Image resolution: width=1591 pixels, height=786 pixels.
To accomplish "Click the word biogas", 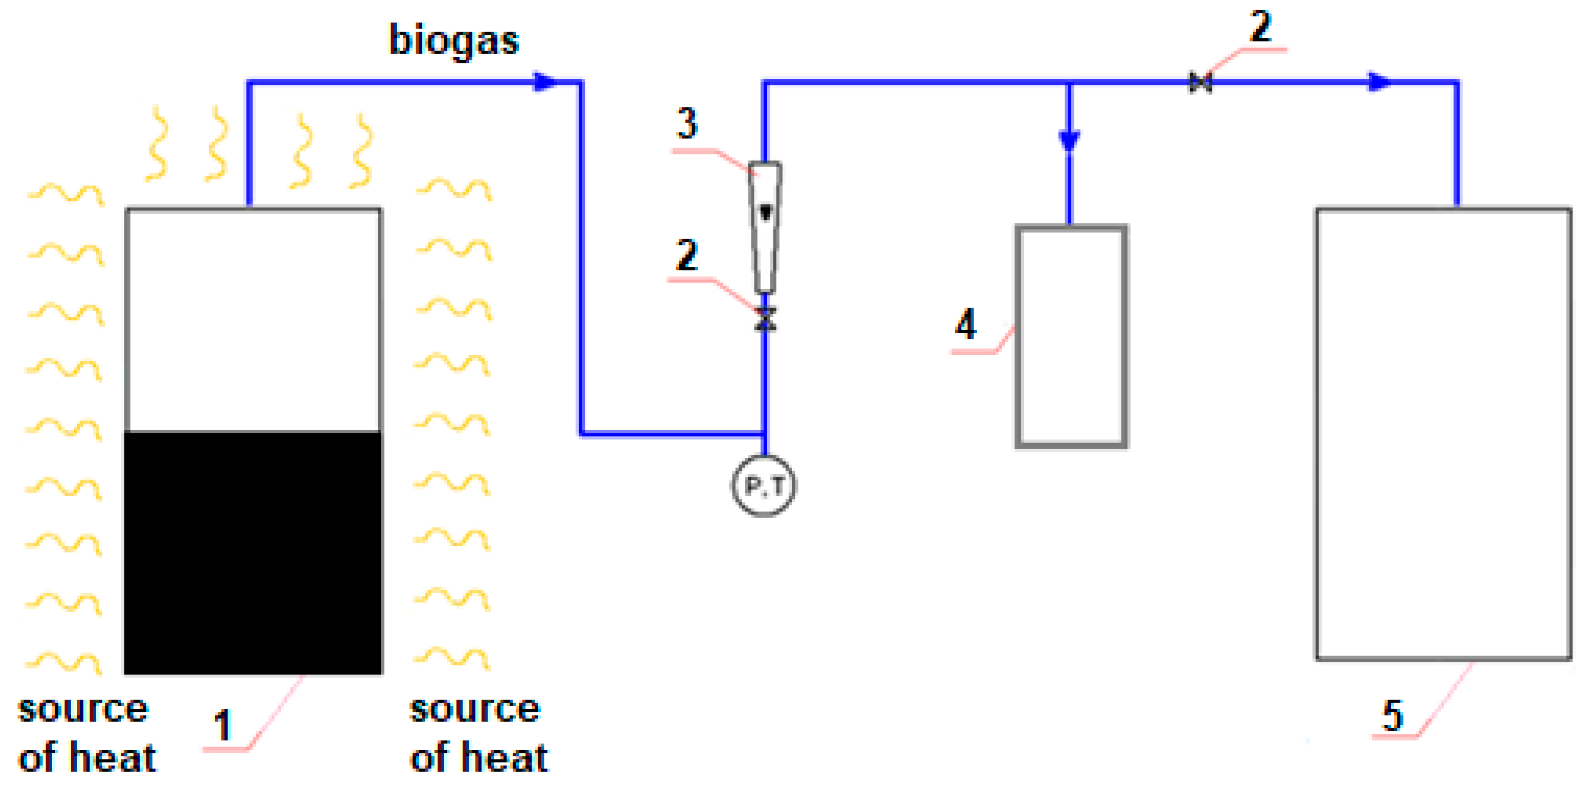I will tap(454, 41).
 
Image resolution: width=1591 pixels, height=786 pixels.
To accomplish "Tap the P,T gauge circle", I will tap(764, 486).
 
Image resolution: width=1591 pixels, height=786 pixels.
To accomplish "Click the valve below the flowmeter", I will tap(766, 319).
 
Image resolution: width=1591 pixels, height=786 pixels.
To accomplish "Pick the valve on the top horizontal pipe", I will tap(1201, 82).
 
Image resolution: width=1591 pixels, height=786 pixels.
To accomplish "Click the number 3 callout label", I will tap(687, 123).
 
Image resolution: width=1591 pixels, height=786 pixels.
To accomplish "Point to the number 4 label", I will tap(966, 324).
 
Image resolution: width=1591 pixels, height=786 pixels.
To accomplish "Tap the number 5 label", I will tap(1393, 716).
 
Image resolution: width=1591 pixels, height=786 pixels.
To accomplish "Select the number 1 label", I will tap(222, 725).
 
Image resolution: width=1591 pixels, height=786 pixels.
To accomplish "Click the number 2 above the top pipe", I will tap(1260, 27).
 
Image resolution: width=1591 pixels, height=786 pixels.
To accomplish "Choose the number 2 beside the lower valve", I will tap(687, 254).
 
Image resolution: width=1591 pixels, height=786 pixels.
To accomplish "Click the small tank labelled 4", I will tap(1071, 337).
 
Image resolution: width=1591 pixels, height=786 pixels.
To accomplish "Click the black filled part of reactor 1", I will tap(253, 553).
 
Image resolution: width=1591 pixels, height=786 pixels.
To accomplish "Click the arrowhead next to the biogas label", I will tap(544, 82).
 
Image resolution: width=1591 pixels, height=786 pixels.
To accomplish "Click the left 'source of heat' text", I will tap(86, 733).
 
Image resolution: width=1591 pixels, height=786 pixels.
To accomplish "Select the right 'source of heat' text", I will tap(478, 733).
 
